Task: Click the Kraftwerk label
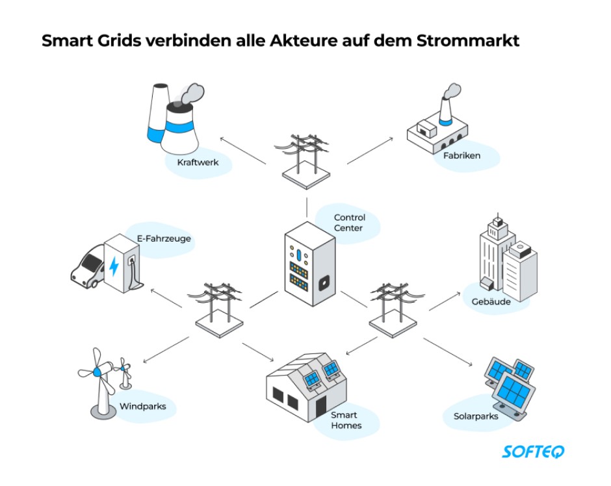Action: click(198, 162)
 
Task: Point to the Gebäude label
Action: click(491, 301)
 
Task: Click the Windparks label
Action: click(142, 407)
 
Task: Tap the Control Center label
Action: click(350, 223)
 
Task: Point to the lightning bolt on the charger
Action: click(114, 266)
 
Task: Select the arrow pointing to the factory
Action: click(370, 150)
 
